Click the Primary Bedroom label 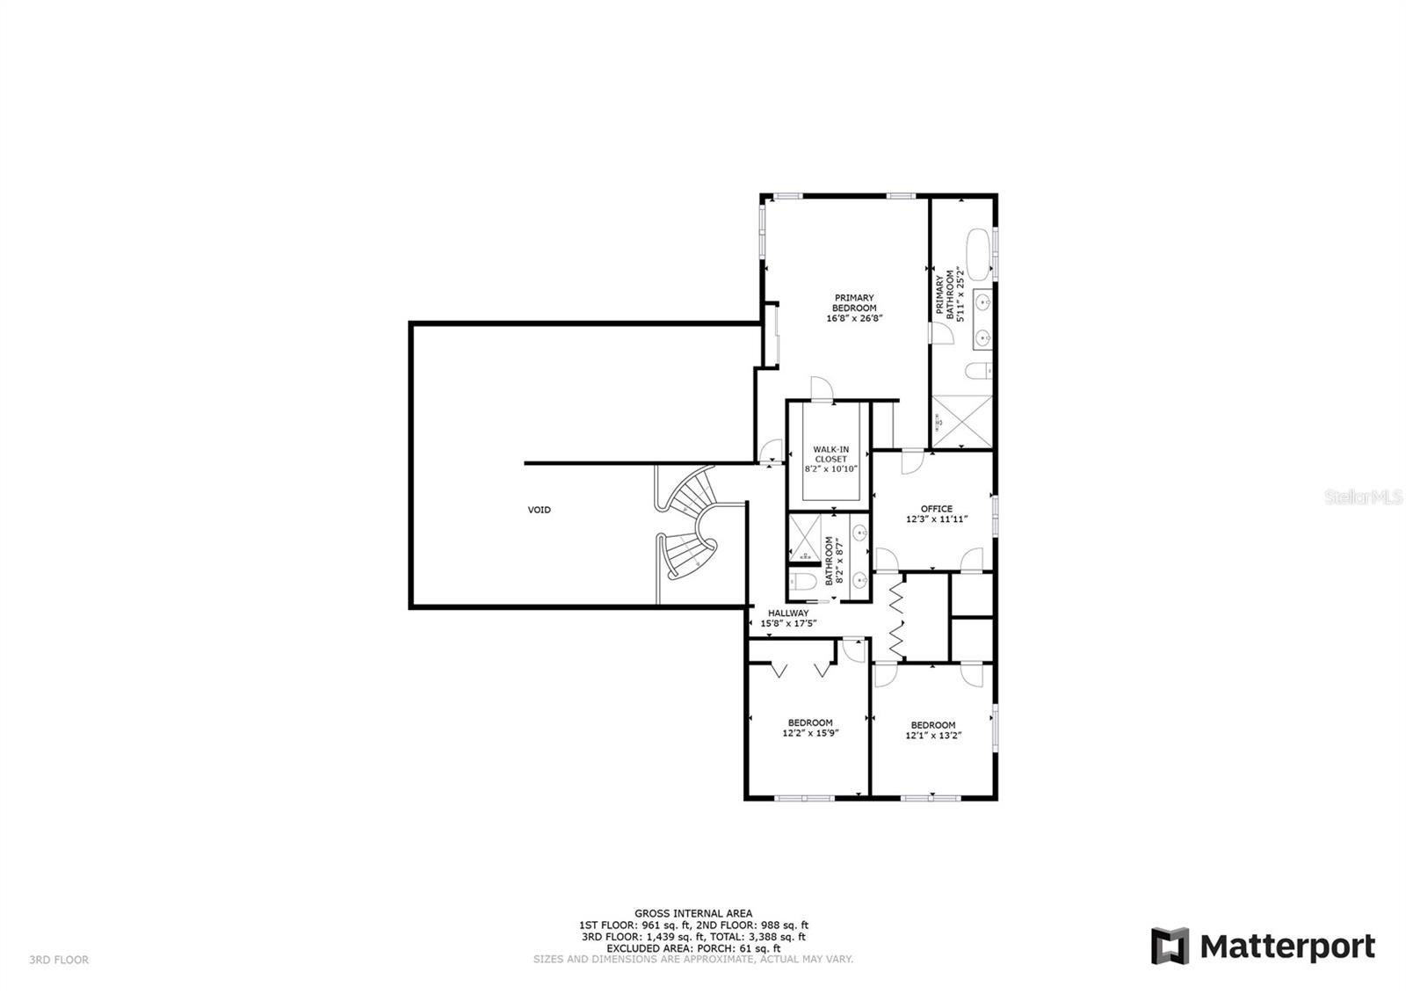point(854,308)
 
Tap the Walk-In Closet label point(831,459)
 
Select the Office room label point(937,513)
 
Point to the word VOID point(540,510)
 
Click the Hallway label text point(788,618)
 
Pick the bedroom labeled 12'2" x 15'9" point(810,728)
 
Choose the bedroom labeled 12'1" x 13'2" point(933,730)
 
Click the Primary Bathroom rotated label point(950,294)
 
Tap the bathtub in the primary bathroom point(978,254)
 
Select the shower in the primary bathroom point(961,421)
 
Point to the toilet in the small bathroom point(802,582)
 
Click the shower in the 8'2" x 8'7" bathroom point(805,538)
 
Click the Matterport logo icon point(1170,946)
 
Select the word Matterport point(1288,947)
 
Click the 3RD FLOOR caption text point(59,960)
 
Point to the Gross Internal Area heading point(693,914)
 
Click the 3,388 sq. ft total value point(774,937)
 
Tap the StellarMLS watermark point(1363,497)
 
